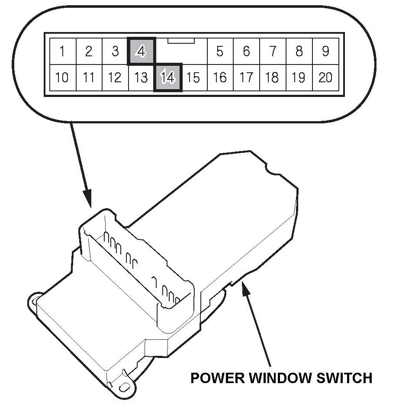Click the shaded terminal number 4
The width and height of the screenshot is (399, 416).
[141, 52]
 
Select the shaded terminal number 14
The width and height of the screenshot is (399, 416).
[167, 77]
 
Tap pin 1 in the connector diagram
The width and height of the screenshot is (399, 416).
[62, 52]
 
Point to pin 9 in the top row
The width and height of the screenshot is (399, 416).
[325, 52]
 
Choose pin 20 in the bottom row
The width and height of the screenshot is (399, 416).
[325, 77]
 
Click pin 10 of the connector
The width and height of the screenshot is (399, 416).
[62, 77]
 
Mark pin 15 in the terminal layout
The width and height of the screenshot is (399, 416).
[193, 77]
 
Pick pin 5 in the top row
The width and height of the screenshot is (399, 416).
[220, 52]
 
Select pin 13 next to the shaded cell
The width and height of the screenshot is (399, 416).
[141, 77]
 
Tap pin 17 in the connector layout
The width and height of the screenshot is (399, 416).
[246, 77]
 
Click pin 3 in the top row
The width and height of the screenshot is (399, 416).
[115, 52]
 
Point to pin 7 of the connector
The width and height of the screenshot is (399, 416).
[273, 52]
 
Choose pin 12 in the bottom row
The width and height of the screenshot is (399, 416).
[115, 77]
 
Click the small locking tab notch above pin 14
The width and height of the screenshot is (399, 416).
[181, 41]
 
